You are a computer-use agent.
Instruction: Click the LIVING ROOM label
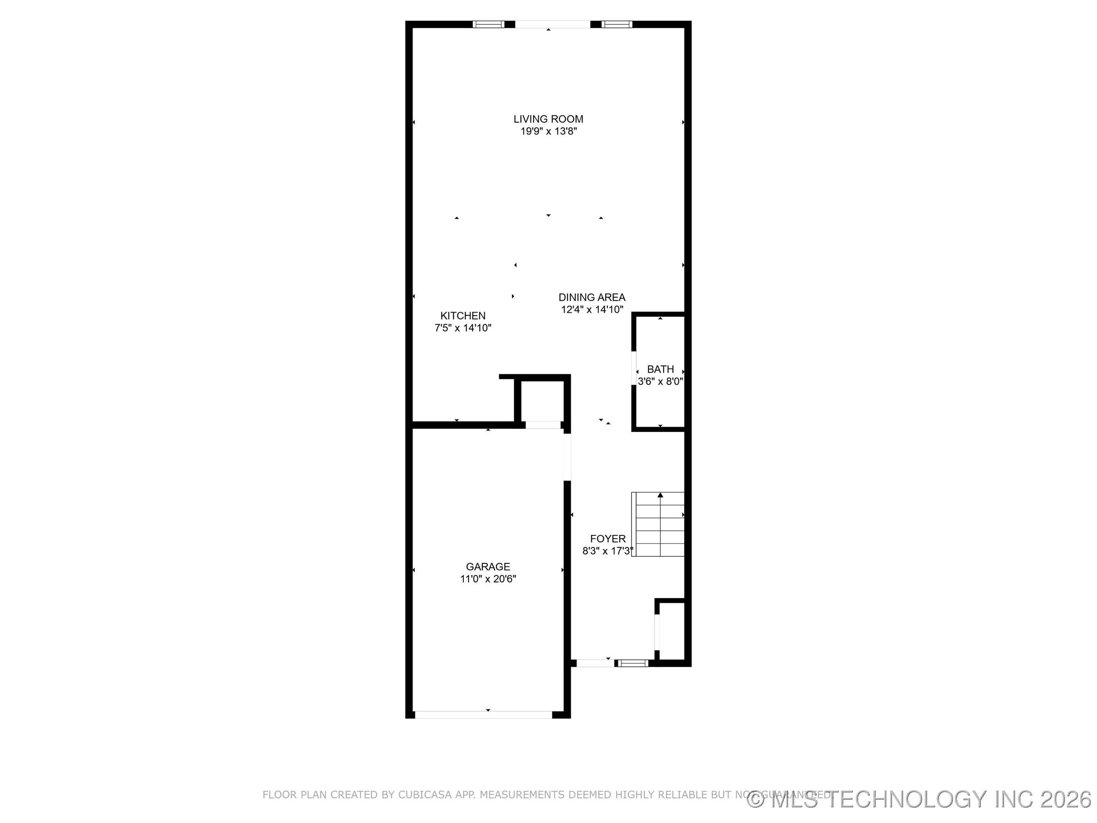[548, 119]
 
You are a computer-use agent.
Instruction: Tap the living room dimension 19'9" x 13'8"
[548, 131]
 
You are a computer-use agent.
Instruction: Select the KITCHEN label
[463, 315]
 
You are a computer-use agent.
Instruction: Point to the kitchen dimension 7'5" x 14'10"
[463, 328]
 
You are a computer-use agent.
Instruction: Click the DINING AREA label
[592, 297]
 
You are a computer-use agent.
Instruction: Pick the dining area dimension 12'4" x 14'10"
[592, 309]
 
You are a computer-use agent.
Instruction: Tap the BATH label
[660, 369]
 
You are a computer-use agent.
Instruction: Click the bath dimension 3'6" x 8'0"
[660, 381]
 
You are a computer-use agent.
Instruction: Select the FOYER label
[608, 539]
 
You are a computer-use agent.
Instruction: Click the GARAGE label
[488, 567]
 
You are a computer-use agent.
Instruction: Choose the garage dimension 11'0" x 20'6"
[488, 579]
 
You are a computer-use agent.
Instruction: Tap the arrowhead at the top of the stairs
[660, 495]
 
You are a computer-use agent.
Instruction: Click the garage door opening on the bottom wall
[483, 715]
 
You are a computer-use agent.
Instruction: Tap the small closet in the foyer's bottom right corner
[672, 631]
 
